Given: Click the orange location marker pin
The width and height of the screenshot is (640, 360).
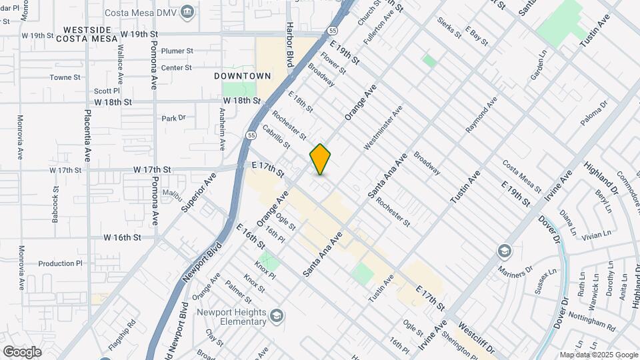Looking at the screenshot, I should point(321,159).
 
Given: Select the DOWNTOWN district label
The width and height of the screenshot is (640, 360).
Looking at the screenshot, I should point(243,76).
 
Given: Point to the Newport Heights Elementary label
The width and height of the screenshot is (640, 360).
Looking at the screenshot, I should point(231,317).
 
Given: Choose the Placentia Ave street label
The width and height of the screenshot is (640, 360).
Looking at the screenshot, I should point(87,137).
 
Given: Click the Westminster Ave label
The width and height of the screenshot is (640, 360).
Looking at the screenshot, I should point(383,127).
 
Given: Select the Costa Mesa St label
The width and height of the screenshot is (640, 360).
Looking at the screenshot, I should point(522,175).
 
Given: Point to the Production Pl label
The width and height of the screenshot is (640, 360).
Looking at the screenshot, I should point(59,263).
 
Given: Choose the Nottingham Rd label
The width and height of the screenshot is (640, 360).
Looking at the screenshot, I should point(592,325).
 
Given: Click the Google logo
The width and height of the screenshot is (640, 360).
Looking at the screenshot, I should point(21,351).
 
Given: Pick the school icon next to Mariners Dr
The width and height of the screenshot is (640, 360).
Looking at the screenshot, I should point(505,251).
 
